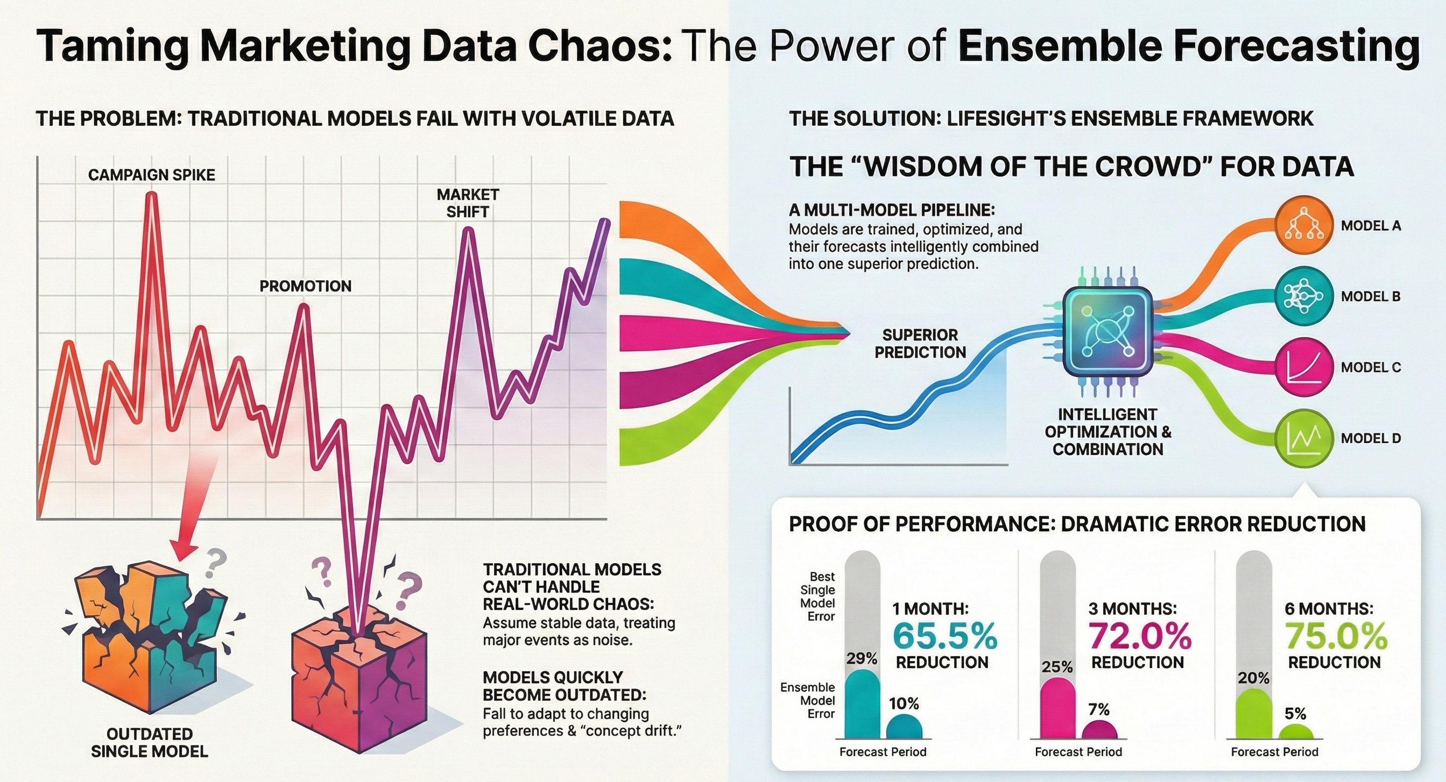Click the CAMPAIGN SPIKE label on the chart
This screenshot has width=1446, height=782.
click(152, 175)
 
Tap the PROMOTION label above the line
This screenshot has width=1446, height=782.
click(305, 286)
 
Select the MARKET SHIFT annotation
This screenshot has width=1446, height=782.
click(468, 203)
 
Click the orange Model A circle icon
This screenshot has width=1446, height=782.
click(1303, 225)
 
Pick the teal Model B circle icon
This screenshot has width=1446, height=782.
click(1303, 296)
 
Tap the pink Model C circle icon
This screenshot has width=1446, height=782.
click(1303, 367)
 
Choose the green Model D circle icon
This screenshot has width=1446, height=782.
click(1303, 438)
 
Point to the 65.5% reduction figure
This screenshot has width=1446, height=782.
click(945, 636)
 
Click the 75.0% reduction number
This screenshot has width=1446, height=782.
click(1336, 636)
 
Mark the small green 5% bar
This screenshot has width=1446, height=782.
click(1295, 731)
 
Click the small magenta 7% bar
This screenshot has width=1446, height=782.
click(1099, 729)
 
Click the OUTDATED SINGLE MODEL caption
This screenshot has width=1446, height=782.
click(149, 742)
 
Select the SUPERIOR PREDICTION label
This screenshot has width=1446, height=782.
click(920, 343)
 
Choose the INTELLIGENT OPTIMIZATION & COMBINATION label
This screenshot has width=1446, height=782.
click(1108, 431)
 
